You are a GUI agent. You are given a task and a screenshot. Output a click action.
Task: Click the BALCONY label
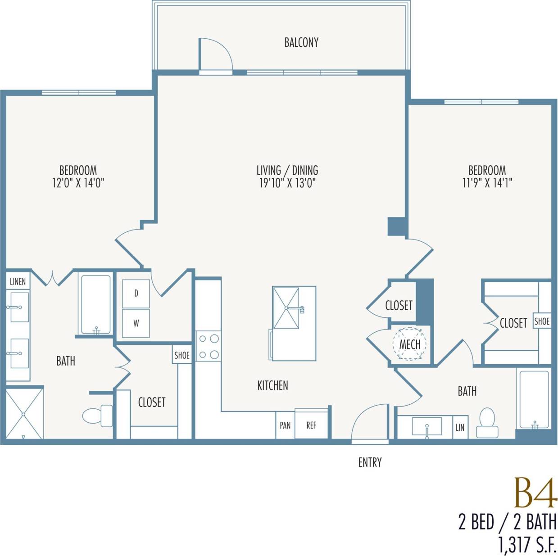pos(301,42)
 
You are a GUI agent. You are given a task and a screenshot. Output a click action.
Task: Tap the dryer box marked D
pos(136,294)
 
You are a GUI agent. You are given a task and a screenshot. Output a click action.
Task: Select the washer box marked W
pos(136,323)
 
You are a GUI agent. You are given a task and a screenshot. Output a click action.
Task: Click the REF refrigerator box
pos(311,425)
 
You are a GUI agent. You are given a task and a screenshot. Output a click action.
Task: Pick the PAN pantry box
pos(285,425)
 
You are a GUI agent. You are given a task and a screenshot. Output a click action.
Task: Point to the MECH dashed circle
pos(409,344)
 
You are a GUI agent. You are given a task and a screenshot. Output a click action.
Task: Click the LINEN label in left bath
pos(18,282)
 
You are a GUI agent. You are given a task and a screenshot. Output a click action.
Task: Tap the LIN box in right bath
pos(460,428)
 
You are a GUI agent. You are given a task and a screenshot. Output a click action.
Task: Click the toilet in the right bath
pos(487,423)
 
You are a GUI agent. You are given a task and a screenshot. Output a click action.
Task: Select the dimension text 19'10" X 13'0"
pos(287,183)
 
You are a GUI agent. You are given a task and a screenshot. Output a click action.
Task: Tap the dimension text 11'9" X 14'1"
pos(487,183)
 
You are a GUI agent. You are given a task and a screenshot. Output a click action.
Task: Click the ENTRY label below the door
pos(370,462)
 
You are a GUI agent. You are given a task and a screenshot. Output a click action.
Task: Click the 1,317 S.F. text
pos(527,544)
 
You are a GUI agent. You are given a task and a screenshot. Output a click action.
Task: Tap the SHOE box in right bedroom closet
pos(542,321)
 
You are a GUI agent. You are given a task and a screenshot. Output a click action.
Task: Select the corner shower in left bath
pos(24,413)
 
